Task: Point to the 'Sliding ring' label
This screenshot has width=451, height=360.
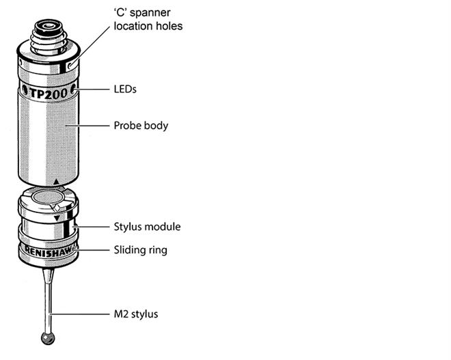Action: point(139,250)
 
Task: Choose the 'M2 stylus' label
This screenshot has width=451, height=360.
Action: point(135,314)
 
